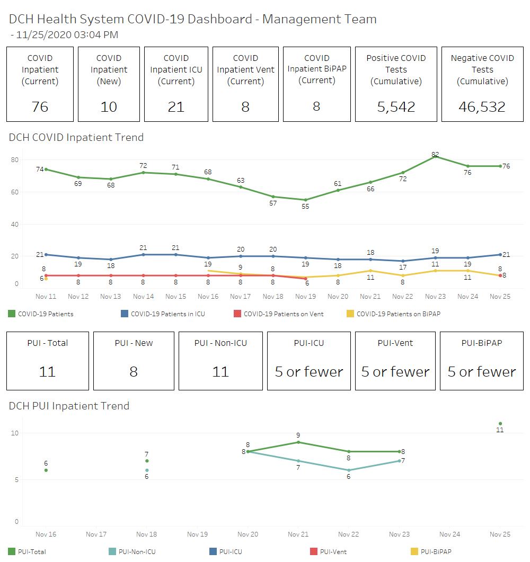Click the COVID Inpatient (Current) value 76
[40, 107]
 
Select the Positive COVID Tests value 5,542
[396, 107]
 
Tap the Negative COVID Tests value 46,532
[482, 107]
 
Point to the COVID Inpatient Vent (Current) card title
[245, 69]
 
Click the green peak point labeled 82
[435, 156]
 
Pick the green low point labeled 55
[305, 200]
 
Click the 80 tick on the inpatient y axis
[15, 160]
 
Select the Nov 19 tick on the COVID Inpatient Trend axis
[305, 297]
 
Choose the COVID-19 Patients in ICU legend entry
[167, 314]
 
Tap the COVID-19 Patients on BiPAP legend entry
[398, 314]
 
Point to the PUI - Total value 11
[47, 372]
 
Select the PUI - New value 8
[134, 372]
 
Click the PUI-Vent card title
[395, 343]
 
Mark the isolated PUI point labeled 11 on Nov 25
[500, 423]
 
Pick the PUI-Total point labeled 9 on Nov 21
[298, 442]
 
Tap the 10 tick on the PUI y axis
[15, 433]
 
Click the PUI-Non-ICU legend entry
[137, 552]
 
